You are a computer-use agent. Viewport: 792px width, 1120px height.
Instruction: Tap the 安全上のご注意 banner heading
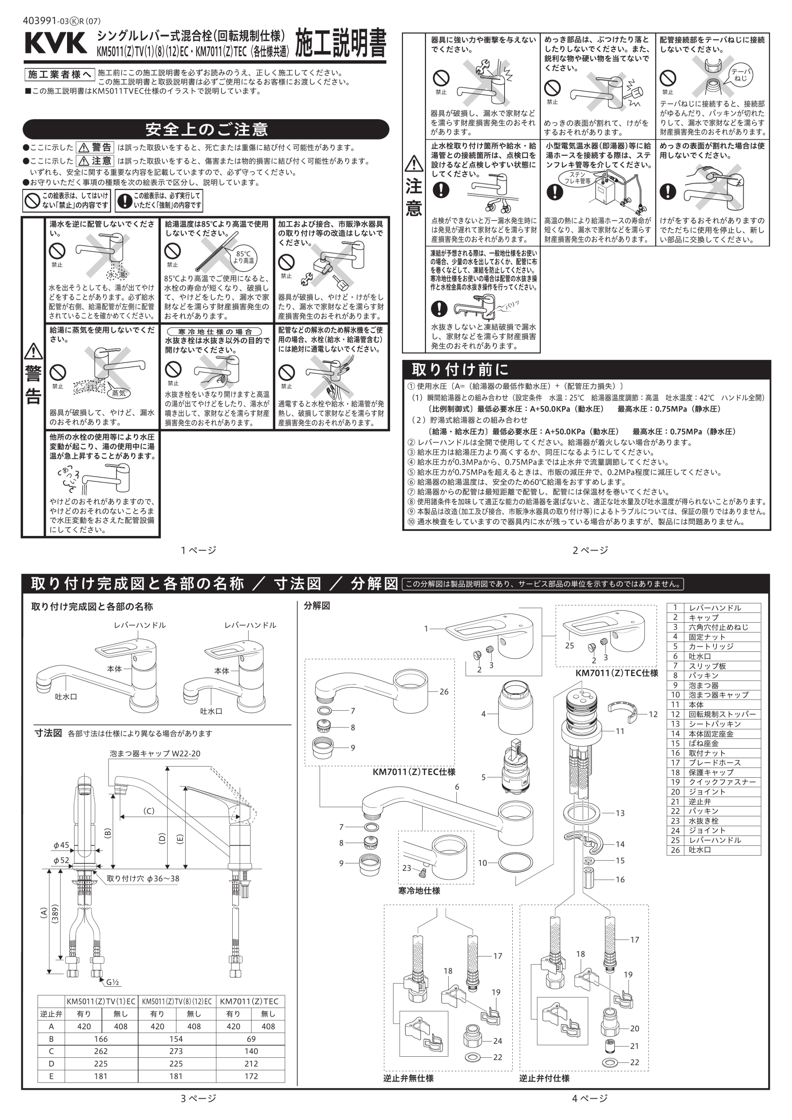click(206, 129)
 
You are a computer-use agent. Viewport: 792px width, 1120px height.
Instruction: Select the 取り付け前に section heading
click(460, 369)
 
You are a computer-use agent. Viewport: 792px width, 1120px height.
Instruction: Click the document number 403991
click(41, 21)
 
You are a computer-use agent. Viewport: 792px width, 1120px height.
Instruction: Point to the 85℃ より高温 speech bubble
click(243, 257)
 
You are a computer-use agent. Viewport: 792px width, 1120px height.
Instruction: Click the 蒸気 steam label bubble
click(119, 393)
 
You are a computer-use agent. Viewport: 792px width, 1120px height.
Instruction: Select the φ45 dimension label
click(61, 845)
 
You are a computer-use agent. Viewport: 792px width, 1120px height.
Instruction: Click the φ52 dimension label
click(61, 860)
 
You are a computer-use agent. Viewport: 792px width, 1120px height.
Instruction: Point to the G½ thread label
click(113, 983)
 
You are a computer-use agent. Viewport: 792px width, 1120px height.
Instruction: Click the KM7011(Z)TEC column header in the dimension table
click(249, 1001)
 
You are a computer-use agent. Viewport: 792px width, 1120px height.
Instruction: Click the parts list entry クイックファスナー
click(722, 782)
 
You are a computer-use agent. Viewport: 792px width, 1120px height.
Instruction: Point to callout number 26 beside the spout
click(443, 692)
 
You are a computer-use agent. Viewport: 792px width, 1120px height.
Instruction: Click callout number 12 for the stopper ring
click(653, 714)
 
